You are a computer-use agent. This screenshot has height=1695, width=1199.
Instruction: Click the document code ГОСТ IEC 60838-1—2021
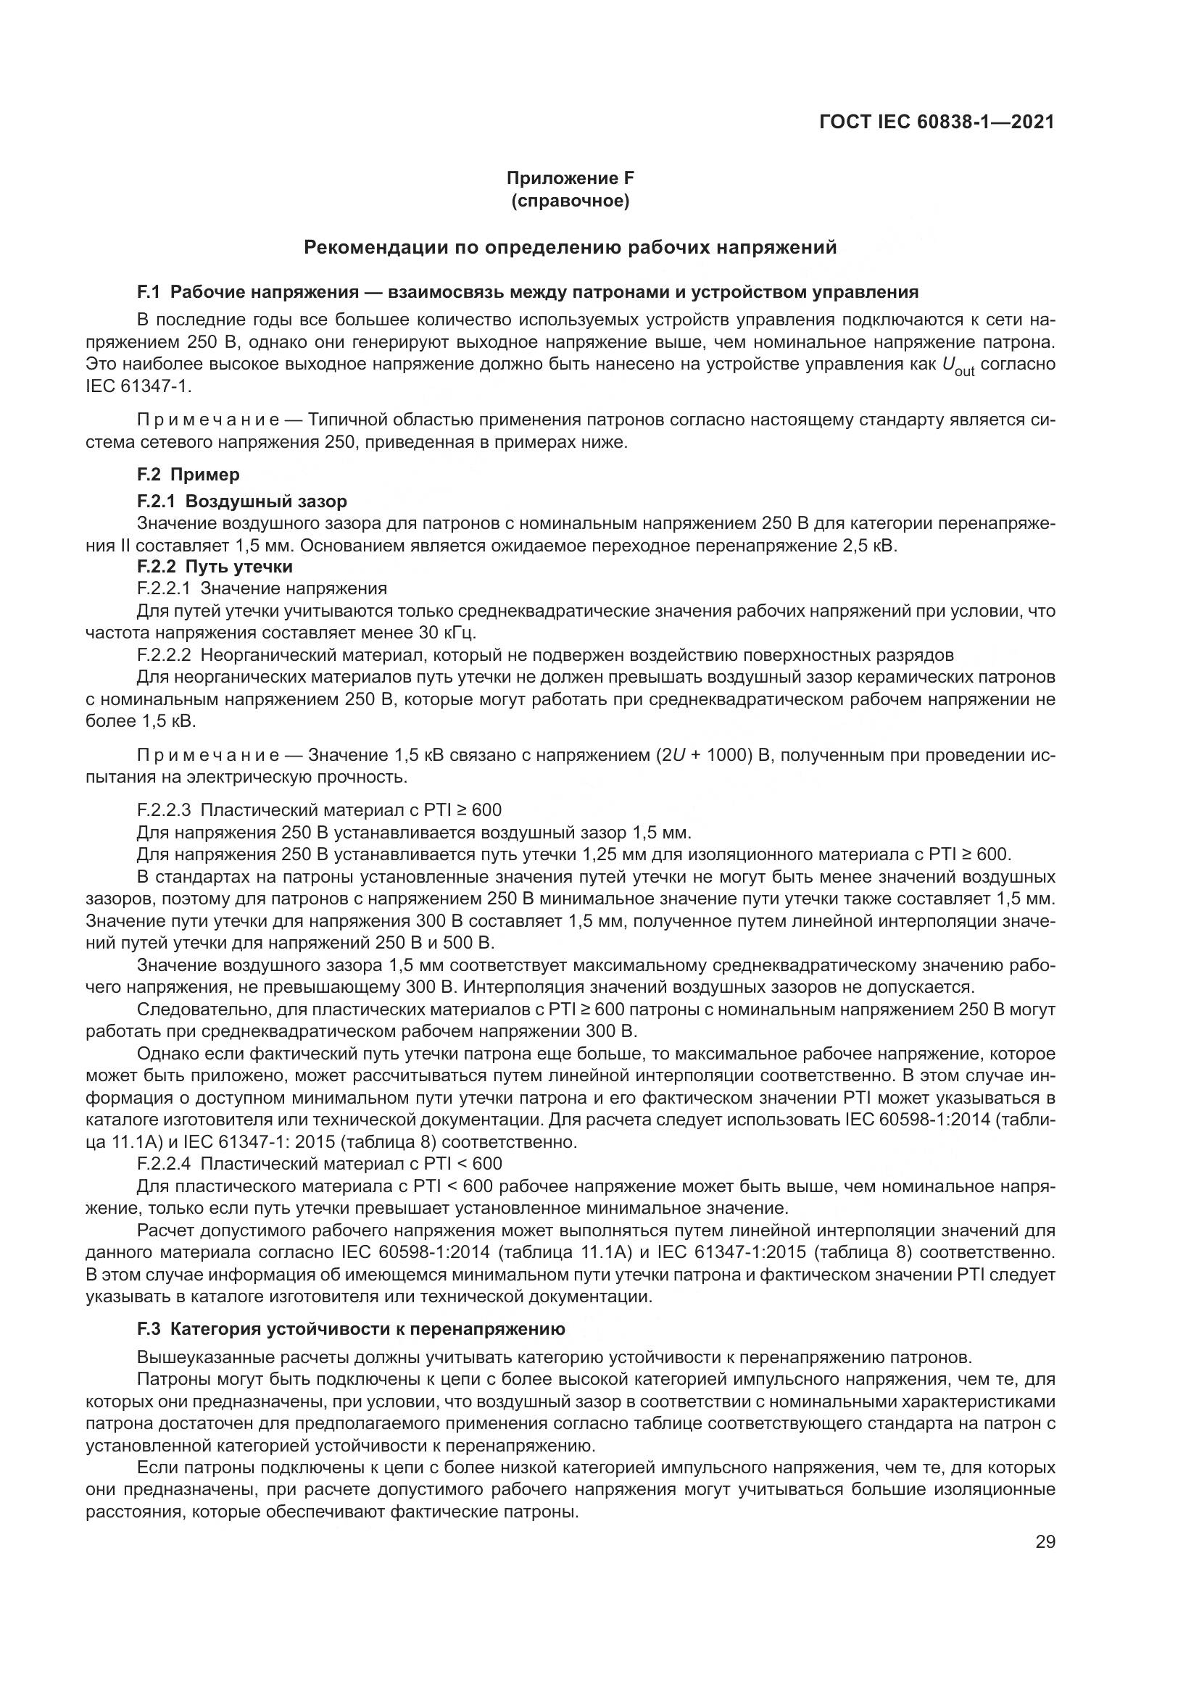pyautogui.click(x=936, y=122)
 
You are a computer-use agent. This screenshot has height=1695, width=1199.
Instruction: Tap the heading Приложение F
pyautogui.click(x=570, y=178)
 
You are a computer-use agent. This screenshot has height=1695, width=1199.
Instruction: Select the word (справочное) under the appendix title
pyautogui.click(x=570, y=201)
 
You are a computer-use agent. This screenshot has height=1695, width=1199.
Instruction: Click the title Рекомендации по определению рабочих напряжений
pyautogui.click(x=570, y=247)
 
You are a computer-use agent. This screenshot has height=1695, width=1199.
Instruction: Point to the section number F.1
pyautogui.click(x=149, y=291)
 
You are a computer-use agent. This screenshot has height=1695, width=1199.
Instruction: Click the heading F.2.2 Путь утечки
pyautogui.click(x=215, y=566)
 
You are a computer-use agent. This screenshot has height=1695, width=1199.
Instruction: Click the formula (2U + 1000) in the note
pyautogui.click(x=708, y=755)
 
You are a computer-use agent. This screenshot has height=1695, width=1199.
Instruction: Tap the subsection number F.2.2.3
pyautogui.click(x=164, y=810)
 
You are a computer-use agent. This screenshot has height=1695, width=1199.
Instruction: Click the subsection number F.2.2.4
pyautogui.click(x=164, y=1165)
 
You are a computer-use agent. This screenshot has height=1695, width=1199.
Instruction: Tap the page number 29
pyautogui.click(x=1045, y=1541)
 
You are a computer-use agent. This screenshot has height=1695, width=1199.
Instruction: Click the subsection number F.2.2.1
pyautogui.click(x=164, y=588)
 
